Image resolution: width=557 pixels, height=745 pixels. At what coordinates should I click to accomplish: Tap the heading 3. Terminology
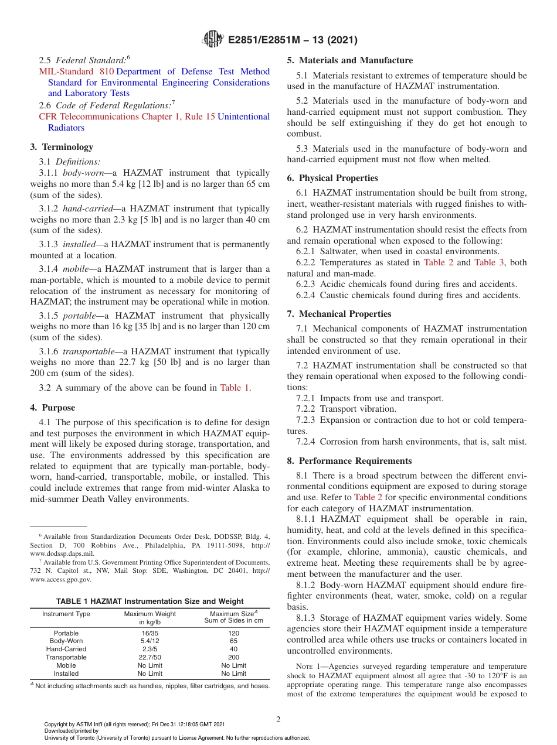(x=62, y=147)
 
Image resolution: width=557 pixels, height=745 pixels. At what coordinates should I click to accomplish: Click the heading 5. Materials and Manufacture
(x=349, y=60)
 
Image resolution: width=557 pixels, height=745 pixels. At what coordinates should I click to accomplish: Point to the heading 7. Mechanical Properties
(x=339, y=314)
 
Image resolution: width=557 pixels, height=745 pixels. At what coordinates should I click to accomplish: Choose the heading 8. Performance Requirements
(x=349, y=461)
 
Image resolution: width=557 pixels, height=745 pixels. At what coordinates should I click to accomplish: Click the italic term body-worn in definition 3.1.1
(x=84, y=173)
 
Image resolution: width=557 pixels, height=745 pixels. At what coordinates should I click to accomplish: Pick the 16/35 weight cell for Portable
(x=150, y=633)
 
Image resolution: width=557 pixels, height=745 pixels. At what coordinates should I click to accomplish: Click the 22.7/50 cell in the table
(x=150, y=657)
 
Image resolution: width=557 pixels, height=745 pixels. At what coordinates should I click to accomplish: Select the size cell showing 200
(x=234, y=657)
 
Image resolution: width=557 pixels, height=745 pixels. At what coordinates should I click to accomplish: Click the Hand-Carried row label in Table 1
(x=66, y=649)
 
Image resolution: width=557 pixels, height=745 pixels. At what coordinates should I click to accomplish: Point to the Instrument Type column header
(x=66, y=614)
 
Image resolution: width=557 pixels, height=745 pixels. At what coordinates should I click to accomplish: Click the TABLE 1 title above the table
(x=150, y=601)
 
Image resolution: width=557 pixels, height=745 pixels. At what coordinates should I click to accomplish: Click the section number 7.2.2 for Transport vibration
(x=307, y=409)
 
